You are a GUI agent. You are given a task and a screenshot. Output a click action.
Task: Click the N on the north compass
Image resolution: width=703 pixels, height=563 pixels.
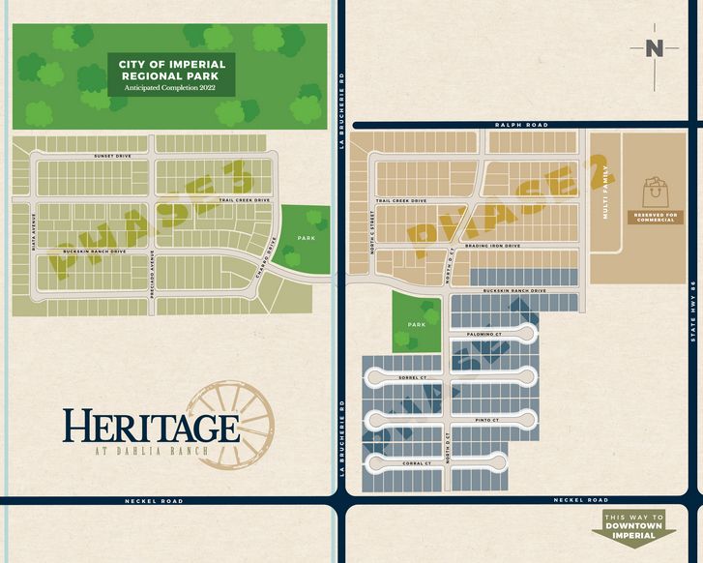pyautogui.click(x=655, y=48)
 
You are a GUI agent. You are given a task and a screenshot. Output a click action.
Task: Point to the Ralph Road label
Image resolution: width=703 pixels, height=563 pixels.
pyautogui.click(x=521, y=125)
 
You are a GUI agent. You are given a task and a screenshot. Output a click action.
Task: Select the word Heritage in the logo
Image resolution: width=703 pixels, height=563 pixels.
pyautogui.click(x=151, y=427)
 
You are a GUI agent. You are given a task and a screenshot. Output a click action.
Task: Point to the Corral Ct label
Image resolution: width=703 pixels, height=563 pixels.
pyautogui.click(x=417, y=463)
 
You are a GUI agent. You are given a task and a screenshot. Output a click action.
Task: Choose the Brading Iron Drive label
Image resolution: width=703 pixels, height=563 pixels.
pyautogui.click(x=492, y=246)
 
